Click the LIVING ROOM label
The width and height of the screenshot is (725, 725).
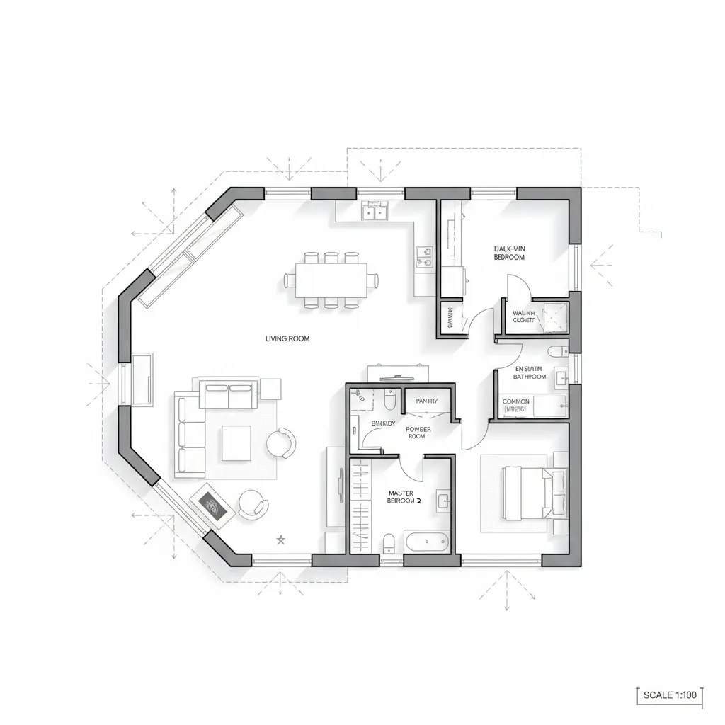tap(287, 338)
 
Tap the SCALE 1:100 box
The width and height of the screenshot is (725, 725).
tap(669, 695)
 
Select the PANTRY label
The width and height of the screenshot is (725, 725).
tap(427, 401)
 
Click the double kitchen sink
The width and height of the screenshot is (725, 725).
tap(373, 210)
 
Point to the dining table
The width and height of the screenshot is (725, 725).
tap(331, 280)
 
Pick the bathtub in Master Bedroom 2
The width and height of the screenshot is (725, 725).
tap(427, 542)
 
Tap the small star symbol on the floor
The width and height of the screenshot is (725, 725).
tap(280, 540)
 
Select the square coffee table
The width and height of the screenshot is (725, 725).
tap(236, 443)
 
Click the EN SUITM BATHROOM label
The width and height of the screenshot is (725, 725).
tap(530, 372)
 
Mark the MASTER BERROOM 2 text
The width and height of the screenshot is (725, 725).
tap(405, 496)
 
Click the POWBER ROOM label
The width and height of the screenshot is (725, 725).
tap(418, 433)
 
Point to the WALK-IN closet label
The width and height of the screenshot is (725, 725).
tap(524, 316)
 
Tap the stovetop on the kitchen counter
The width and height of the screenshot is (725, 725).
tap(425, 256)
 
